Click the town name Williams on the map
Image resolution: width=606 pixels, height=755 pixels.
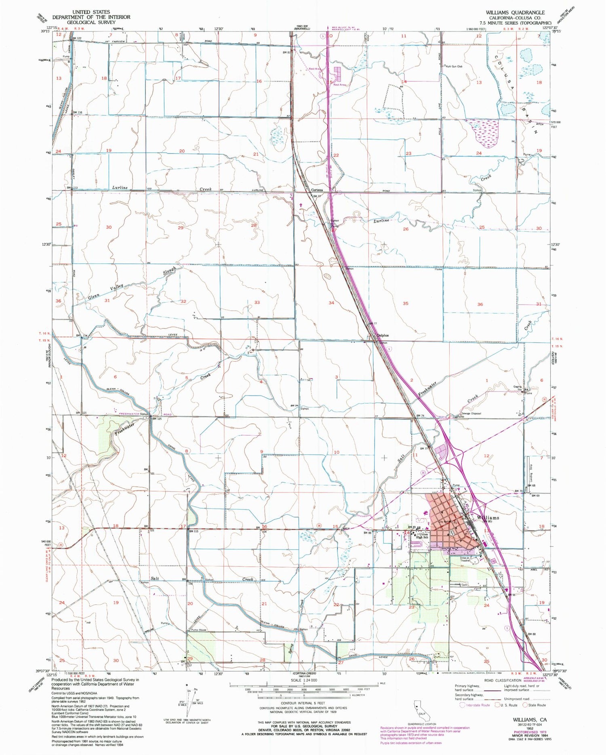pos(488,517)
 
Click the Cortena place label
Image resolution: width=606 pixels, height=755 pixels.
pos(317,190)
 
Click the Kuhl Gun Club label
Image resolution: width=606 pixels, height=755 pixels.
pos(454,66)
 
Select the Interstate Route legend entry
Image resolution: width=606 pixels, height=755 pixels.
pos(476,705)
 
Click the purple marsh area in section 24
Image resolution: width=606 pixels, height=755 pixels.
pos(484,131)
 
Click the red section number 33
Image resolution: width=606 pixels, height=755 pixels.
pos(257,302)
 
